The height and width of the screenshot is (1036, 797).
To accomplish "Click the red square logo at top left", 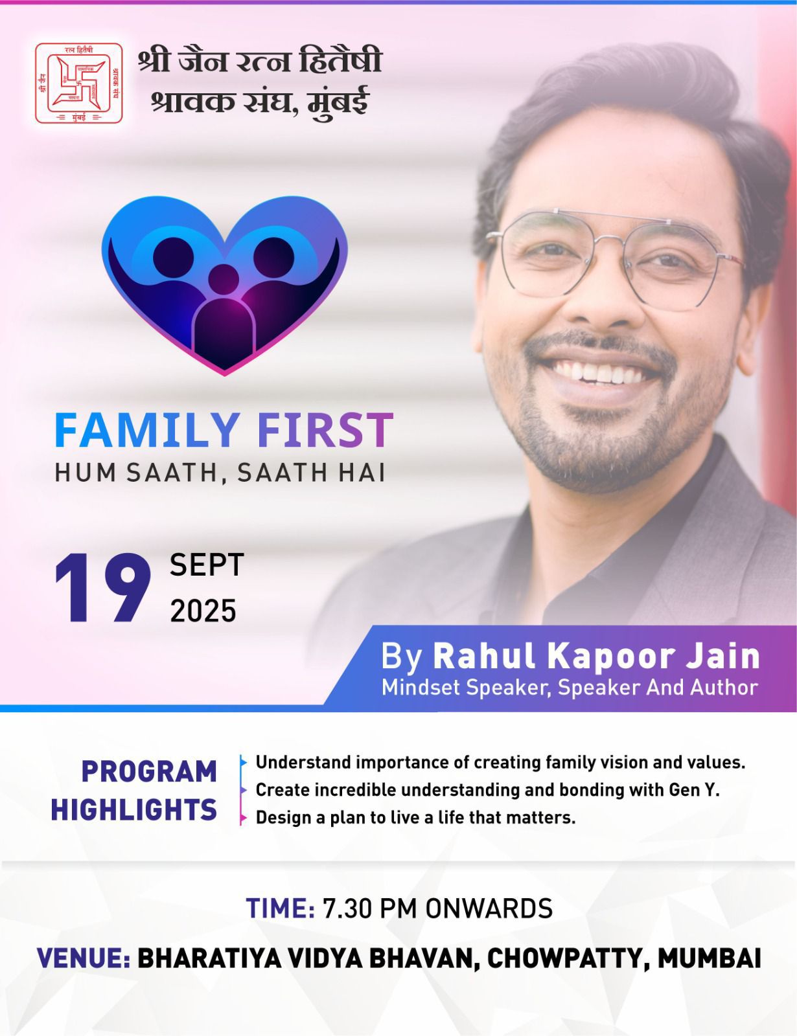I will [x=78, y=83].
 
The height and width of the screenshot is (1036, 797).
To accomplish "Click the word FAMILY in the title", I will [x=146, y=429].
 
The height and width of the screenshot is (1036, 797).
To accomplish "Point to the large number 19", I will [x=102, y=589].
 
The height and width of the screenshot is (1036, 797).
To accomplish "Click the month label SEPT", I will [x=207, y=565].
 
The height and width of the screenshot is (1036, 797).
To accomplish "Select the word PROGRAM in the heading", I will [x=149, y=771].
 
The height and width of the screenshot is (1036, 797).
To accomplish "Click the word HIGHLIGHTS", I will [x=134, y=810].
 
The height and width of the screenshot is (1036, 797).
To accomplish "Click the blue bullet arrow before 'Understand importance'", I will [x=244, y=762].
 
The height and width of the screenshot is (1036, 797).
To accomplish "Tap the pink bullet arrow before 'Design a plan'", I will [x=244, y=818].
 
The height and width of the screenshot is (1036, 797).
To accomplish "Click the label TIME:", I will [x=280, y=908].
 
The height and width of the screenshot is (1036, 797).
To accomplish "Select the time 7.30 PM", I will [x=370, y=908].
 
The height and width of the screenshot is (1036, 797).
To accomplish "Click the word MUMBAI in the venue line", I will [x=709, y=958].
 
